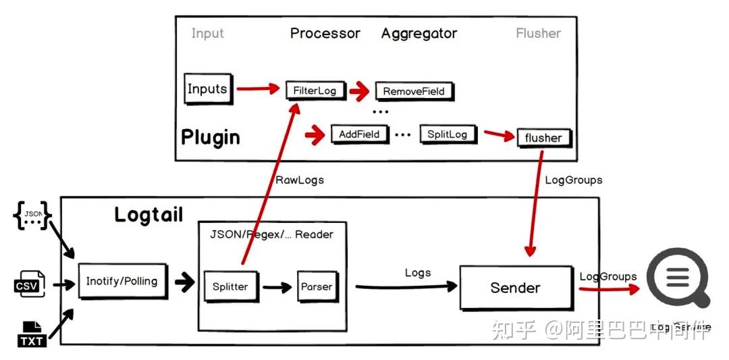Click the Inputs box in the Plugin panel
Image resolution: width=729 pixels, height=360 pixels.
coord(207,89)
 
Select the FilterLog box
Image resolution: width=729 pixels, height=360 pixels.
coord(315,91)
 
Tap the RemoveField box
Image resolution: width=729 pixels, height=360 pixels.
coord(414,91)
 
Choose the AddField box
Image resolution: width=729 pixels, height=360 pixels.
coord(359,134)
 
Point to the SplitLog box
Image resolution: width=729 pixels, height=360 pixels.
coord(447,134)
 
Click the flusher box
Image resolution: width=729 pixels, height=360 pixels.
coord(543,138)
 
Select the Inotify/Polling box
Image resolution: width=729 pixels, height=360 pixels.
coord(122,281)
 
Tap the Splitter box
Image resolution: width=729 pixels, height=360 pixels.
coord(230,286)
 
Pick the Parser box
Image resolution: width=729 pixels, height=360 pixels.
coord(317,286)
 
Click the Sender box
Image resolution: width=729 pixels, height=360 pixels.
coord(515,288)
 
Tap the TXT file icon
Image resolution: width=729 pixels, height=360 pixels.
coord(32,335)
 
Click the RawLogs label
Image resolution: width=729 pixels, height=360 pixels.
coord(300,180)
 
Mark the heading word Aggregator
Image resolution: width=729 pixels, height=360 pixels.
coord(418,33)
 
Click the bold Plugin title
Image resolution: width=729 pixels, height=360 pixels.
coord(210,137)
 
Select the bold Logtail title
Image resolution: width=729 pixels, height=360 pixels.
coord(148,215)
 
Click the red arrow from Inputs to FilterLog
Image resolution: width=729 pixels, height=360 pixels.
coord(258,88)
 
